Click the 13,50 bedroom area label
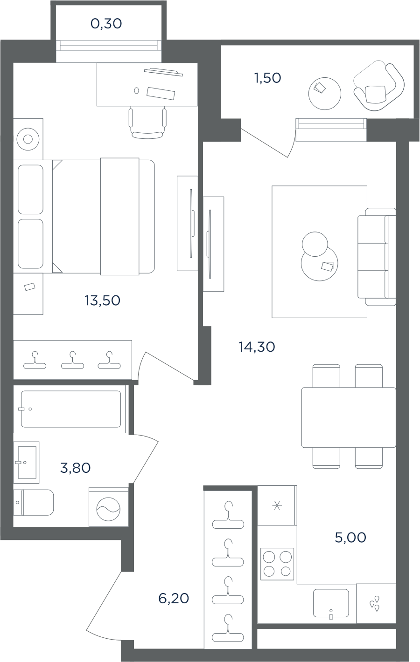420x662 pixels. pos(102,300)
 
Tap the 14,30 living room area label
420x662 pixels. pos(257,347)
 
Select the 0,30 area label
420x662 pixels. pos(106,24)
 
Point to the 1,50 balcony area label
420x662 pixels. pos(267,78)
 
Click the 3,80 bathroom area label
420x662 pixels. pos(75,468)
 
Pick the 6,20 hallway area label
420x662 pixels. pos(174,599)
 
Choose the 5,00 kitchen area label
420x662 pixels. pos(350,538)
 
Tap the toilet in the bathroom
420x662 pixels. pos(34,502)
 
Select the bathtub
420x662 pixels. pos(71,409)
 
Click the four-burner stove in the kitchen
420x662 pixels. pos(277,564)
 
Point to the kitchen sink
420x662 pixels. pos(331,603)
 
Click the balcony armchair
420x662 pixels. pos(379,88)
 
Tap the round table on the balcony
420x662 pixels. pos(325,94)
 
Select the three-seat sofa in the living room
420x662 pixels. pos(377,257)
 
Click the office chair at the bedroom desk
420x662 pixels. pos(147,123)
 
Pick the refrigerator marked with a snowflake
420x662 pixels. pos(277,505)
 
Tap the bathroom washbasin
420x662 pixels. pos(27,463)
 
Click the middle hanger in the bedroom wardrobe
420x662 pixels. pos(72,360)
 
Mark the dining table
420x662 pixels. pos(349,417)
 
